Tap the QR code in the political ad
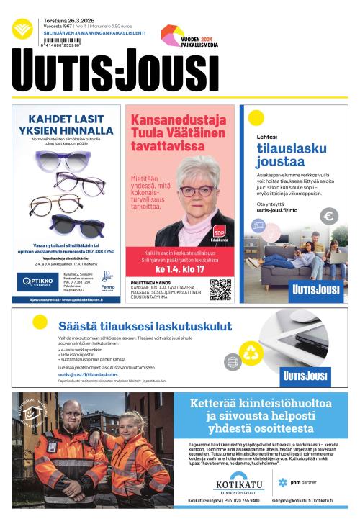click(220, 289)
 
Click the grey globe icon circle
click(232, 361)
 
